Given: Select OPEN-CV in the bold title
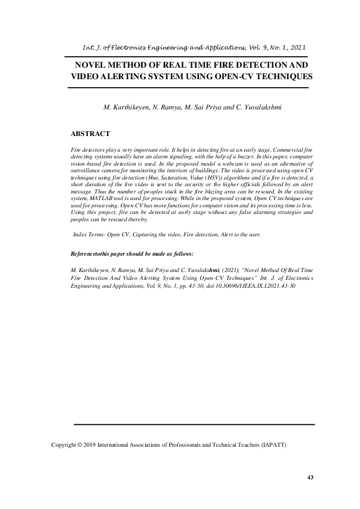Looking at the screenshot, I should tap(255, 77).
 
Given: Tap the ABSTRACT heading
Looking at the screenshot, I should tap(90, 133).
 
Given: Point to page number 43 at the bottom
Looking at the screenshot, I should tap(310, 478).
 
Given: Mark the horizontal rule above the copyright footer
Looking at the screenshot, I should tap(194, 425).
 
